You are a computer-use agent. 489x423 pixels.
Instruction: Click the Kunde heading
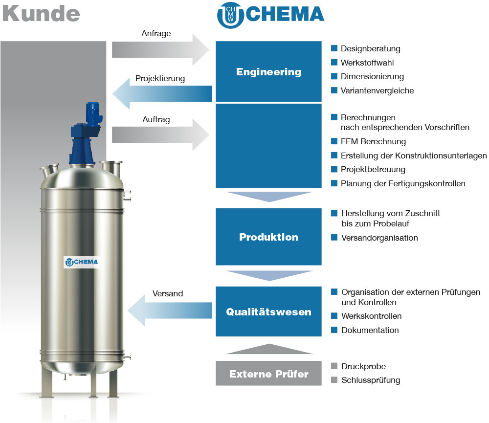click(41, 14)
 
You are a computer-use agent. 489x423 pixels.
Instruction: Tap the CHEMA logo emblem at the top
click(230, 16)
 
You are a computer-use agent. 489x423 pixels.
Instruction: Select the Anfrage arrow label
click(156, 33)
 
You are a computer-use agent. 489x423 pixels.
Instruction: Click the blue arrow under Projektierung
click(162, 93)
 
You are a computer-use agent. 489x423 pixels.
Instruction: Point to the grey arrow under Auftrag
click(160, 135)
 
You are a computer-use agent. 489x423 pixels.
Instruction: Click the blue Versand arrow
click(170, 311)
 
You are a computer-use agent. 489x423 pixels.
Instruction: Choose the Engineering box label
click(268, 72)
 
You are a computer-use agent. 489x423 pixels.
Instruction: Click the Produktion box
click(268, 237)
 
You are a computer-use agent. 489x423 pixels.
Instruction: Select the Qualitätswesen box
click(268, 312)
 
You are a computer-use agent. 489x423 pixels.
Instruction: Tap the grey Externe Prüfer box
click(268, 373)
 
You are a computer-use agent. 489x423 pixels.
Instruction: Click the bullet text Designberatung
click(371, 49)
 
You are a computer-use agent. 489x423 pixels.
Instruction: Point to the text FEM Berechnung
click(373, 142)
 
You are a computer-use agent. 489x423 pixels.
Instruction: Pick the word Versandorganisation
click(379, 238)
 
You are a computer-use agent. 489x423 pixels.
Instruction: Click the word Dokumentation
click(370, 330)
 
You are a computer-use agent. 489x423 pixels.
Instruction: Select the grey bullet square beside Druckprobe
click(334, 366)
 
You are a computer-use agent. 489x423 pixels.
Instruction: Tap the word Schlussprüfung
click(371, 380)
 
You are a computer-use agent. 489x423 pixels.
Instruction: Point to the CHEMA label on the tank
click(82, 262)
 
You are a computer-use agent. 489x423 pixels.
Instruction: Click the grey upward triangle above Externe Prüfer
click(269, 349)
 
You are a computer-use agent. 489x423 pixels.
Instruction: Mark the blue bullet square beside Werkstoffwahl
click(334, 62)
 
